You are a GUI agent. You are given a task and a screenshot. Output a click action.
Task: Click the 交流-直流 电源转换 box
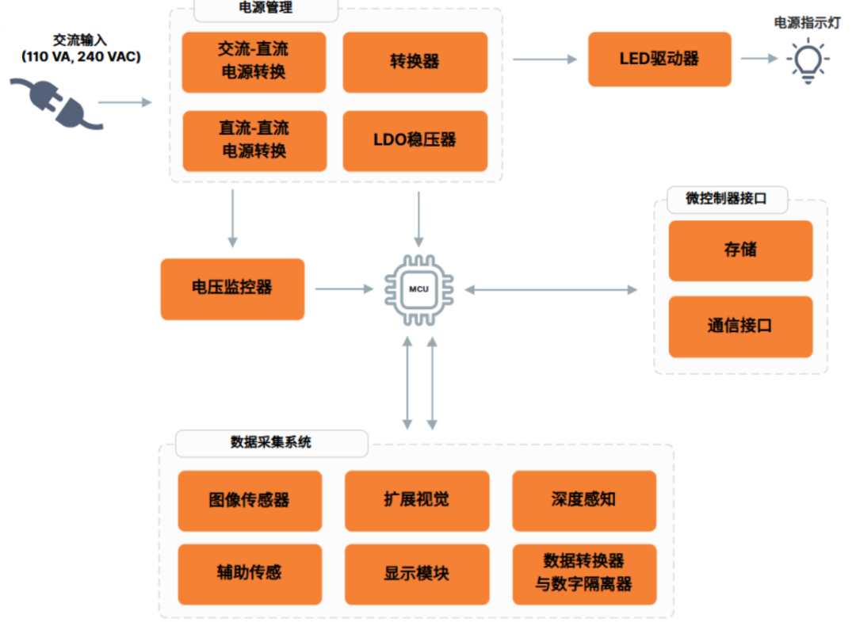pos(254,62)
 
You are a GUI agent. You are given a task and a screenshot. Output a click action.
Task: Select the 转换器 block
pos(415,62)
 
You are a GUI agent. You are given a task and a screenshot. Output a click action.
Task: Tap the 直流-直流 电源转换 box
pos(254,140)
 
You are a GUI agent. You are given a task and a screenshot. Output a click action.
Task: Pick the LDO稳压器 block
pos(415,140)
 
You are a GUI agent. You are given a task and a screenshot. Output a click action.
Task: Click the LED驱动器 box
pos(659,59)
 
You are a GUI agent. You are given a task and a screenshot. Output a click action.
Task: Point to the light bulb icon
pos(807,62)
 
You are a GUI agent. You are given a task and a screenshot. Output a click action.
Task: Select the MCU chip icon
pos(418,289)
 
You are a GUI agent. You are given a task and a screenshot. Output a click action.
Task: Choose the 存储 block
pos(740,250)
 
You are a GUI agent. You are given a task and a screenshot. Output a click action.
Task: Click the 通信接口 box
pos(740,326)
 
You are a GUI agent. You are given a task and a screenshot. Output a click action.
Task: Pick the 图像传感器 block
pos(250,500)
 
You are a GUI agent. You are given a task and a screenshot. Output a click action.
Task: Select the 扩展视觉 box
pos(417,500)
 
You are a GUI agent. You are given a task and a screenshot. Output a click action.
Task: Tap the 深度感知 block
pos(584,500)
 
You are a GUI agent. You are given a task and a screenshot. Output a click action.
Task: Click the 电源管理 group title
pos(266,9)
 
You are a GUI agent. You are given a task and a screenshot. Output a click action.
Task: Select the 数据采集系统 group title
pos(271,442)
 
